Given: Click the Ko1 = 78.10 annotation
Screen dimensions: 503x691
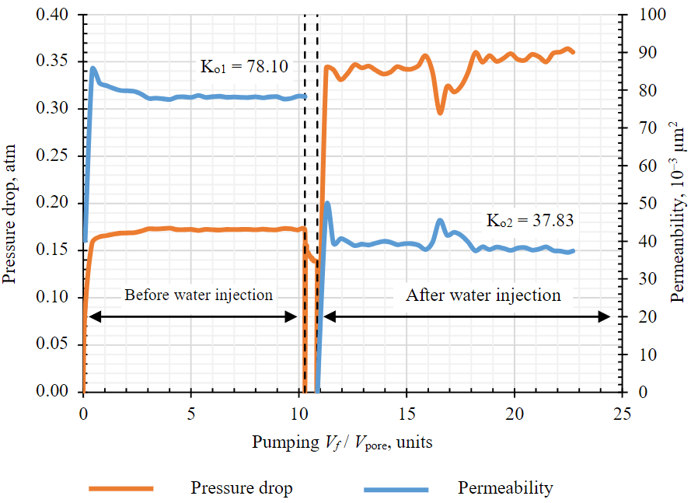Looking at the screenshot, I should (x=244, y=67).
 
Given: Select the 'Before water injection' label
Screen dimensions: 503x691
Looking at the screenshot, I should (x=199, y=295).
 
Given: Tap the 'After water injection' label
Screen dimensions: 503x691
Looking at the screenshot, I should (x=483, y=295).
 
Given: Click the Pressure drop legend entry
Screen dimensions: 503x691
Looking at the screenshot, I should (x=242, y=488).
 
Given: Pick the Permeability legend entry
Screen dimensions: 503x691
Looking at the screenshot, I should (x=505, y=488).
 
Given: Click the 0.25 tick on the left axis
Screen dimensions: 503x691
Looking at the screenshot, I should (x=52, y=155).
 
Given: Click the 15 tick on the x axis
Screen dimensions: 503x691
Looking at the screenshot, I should (x=407, y=411).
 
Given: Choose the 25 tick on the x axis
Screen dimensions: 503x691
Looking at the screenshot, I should (x=622, y=411).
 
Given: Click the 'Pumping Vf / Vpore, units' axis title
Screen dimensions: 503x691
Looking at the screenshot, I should (x=342, y=442).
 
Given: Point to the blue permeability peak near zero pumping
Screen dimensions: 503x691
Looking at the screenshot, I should (x=93, y=68).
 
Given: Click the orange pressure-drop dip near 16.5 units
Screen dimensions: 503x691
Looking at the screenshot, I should (x=440, y=112).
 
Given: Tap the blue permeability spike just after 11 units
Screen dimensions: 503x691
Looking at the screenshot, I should (x=327, y=204).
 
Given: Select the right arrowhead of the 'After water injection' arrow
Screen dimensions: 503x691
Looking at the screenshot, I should (x=605, y=316).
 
